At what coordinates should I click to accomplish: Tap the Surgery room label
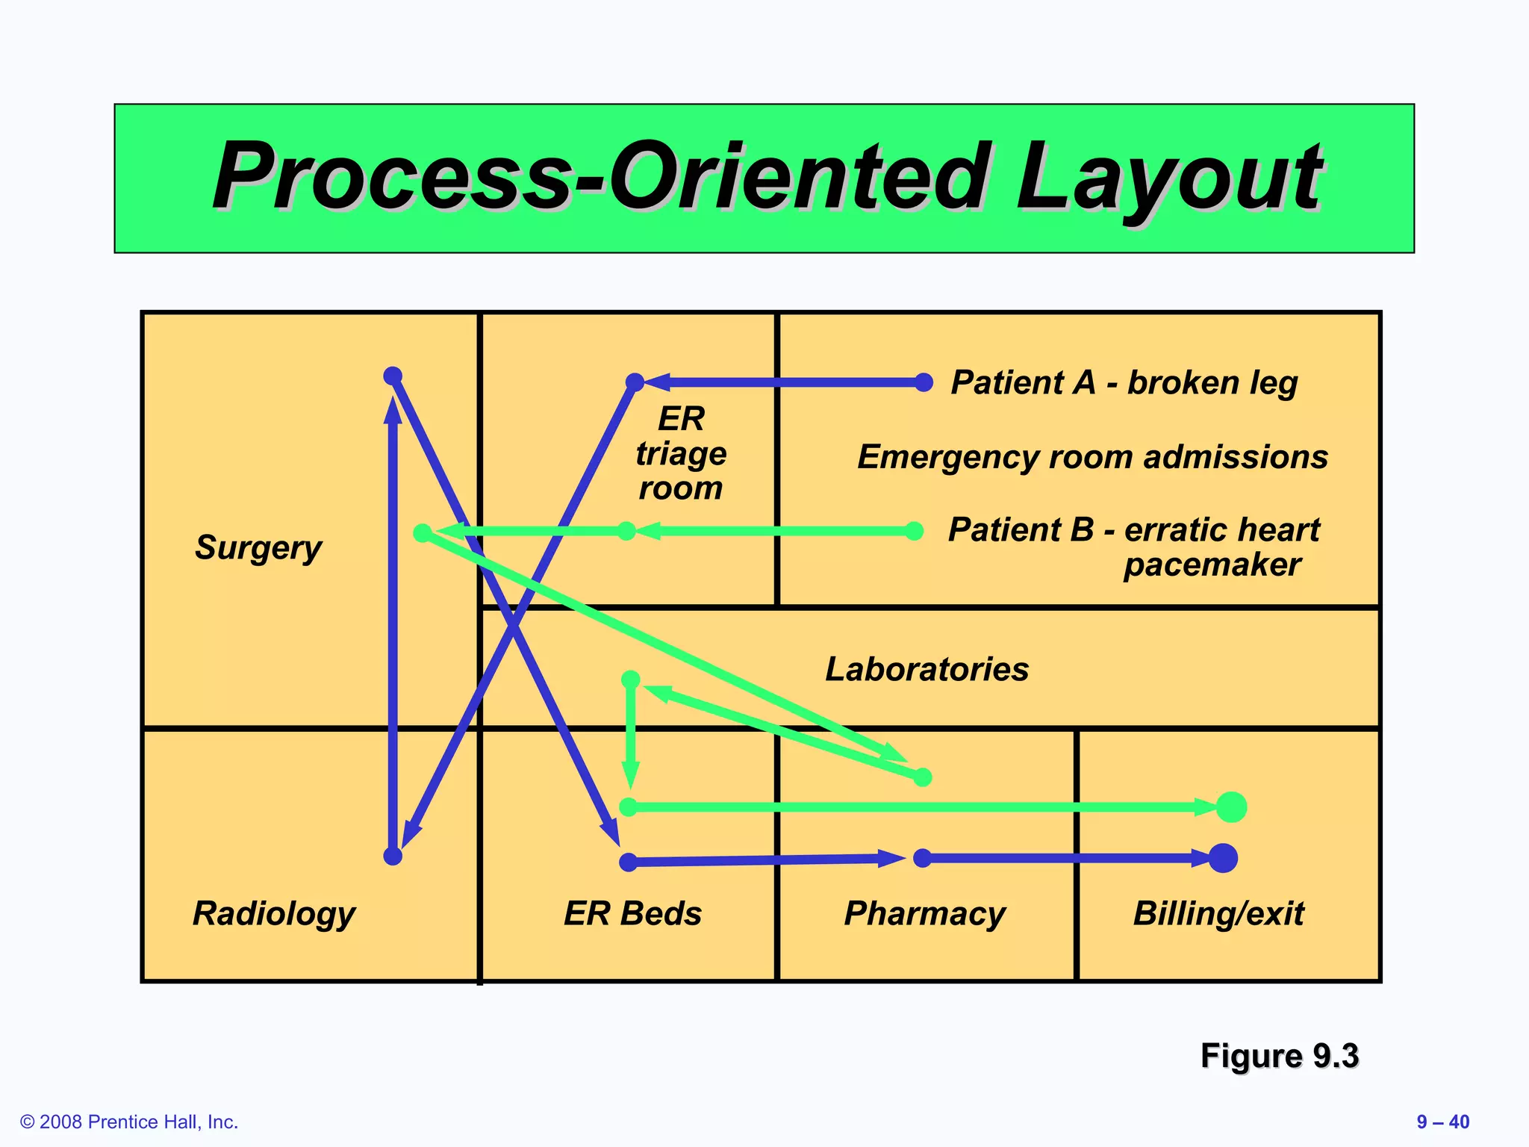point(258,547)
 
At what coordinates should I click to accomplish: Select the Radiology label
point(274,913)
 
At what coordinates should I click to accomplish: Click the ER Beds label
point(632,913)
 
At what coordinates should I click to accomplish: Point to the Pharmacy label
point(924,913)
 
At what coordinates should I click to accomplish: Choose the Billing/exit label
point(1218,913)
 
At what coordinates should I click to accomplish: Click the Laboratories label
point(927,669)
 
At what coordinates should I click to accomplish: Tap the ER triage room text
point(680,453)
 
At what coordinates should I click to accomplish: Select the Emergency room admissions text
point(1092,456)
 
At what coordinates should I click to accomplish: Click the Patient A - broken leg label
point(1124,382)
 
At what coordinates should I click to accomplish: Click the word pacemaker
point(1212,565)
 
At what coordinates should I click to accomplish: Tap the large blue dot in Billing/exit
point(1223,858)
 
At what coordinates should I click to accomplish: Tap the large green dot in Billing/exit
point(1231,807)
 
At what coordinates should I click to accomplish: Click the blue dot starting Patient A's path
point(924,382)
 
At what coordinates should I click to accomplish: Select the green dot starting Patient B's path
point(914,531)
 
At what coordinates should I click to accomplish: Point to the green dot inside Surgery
point(423,532)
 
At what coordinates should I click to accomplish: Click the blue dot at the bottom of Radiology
point(393,856)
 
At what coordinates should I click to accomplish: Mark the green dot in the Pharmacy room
point(923,777)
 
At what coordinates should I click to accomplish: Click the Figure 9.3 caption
point(1279,1056)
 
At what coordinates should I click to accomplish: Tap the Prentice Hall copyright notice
point(129,1122)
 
